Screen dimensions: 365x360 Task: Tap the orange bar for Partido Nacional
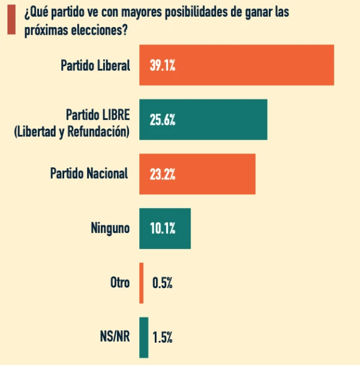tap(197, 174)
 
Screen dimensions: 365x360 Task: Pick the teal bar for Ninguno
tap(165, 229)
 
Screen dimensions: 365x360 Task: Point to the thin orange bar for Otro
tap(142, 283)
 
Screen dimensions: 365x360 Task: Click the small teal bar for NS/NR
tap(144, 337)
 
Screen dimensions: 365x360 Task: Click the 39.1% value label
tap(162, 65)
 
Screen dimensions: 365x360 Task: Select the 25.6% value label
tap(162, 120)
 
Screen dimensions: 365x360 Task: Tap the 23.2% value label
tap(162, 174)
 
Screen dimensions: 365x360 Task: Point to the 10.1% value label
tap(162, 229)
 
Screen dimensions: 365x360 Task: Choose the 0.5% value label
tap(163, 283)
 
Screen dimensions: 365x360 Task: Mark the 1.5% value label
tap(163, 337)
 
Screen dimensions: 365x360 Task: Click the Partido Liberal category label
tap(95, 65)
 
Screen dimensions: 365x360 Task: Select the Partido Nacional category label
tap(89, 173)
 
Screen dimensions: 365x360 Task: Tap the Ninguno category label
tap(110, 228)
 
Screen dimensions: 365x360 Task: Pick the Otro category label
tap(119, 283)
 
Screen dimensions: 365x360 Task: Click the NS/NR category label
tap(115, 337)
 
